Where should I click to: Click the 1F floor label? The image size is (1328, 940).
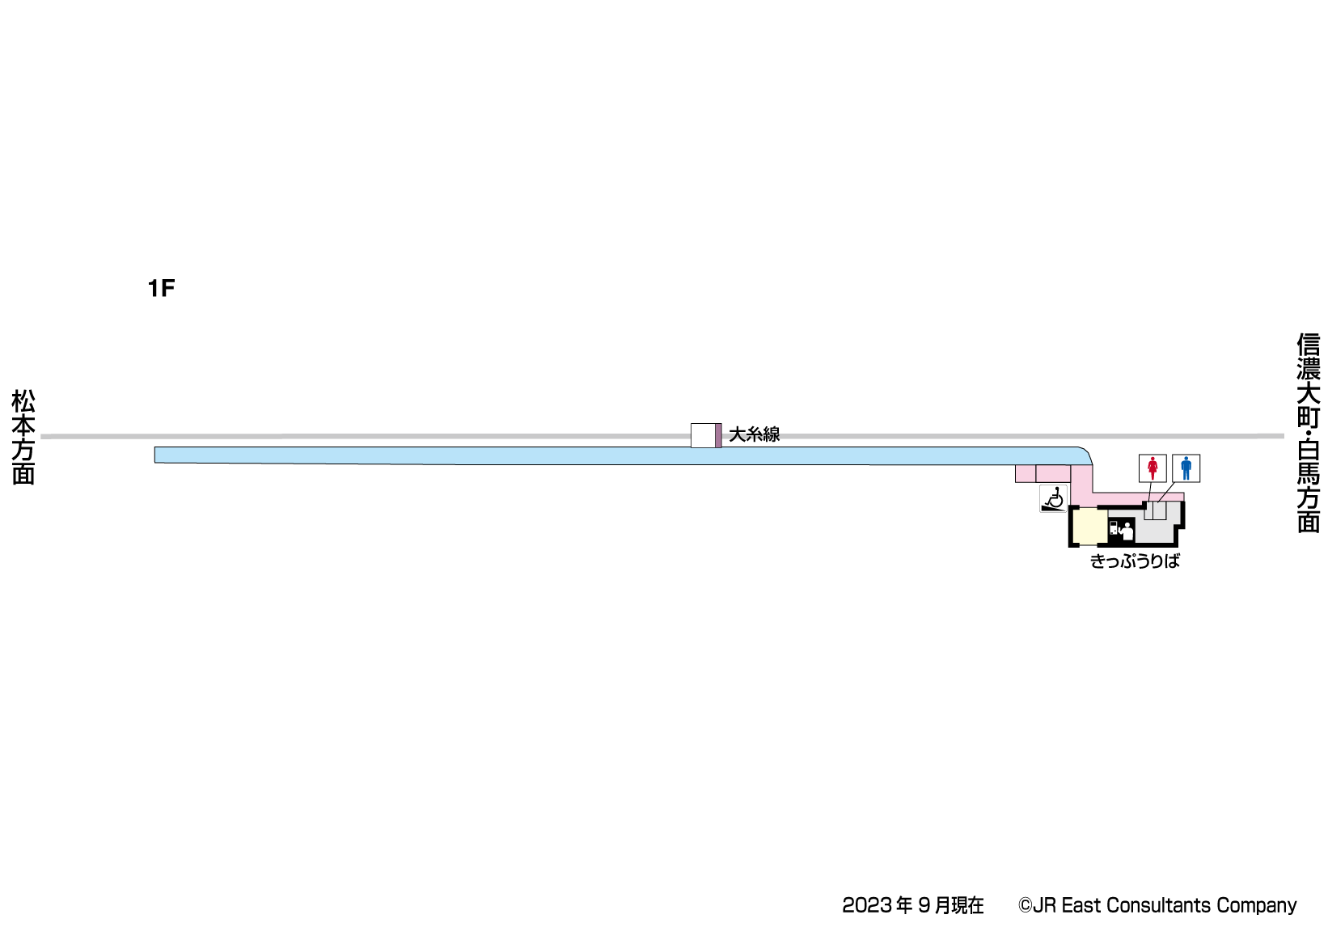161,288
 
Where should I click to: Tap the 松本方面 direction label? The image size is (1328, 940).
23,437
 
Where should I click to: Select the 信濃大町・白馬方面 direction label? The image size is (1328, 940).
1308,433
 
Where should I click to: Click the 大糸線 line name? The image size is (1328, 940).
754,434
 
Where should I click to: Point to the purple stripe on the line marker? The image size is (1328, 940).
718,435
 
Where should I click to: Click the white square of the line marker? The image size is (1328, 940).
703,435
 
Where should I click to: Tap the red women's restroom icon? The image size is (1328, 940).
1152,468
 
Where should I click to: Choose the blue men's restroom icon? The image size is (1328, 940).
1186,468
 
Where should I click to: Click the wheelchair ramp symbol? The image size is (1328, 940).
1053,499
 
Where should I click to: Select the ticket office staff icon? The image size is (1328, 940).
1127,531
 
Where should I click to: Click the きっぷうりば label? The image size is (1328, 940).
1135,561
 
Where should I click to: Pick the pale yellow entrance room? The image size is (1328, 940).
1089,527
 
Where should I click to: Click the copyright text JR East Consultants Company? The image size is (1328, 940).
1157,905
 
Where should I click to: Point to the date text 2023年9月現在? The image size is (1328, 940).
912,905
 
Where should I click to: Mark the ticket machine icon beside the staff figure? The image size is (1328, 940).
1114,531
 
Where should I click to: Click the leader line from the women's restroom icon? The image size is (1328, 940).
1149,492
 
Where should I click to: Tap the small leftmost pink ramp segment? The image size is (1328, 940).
1026,473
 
